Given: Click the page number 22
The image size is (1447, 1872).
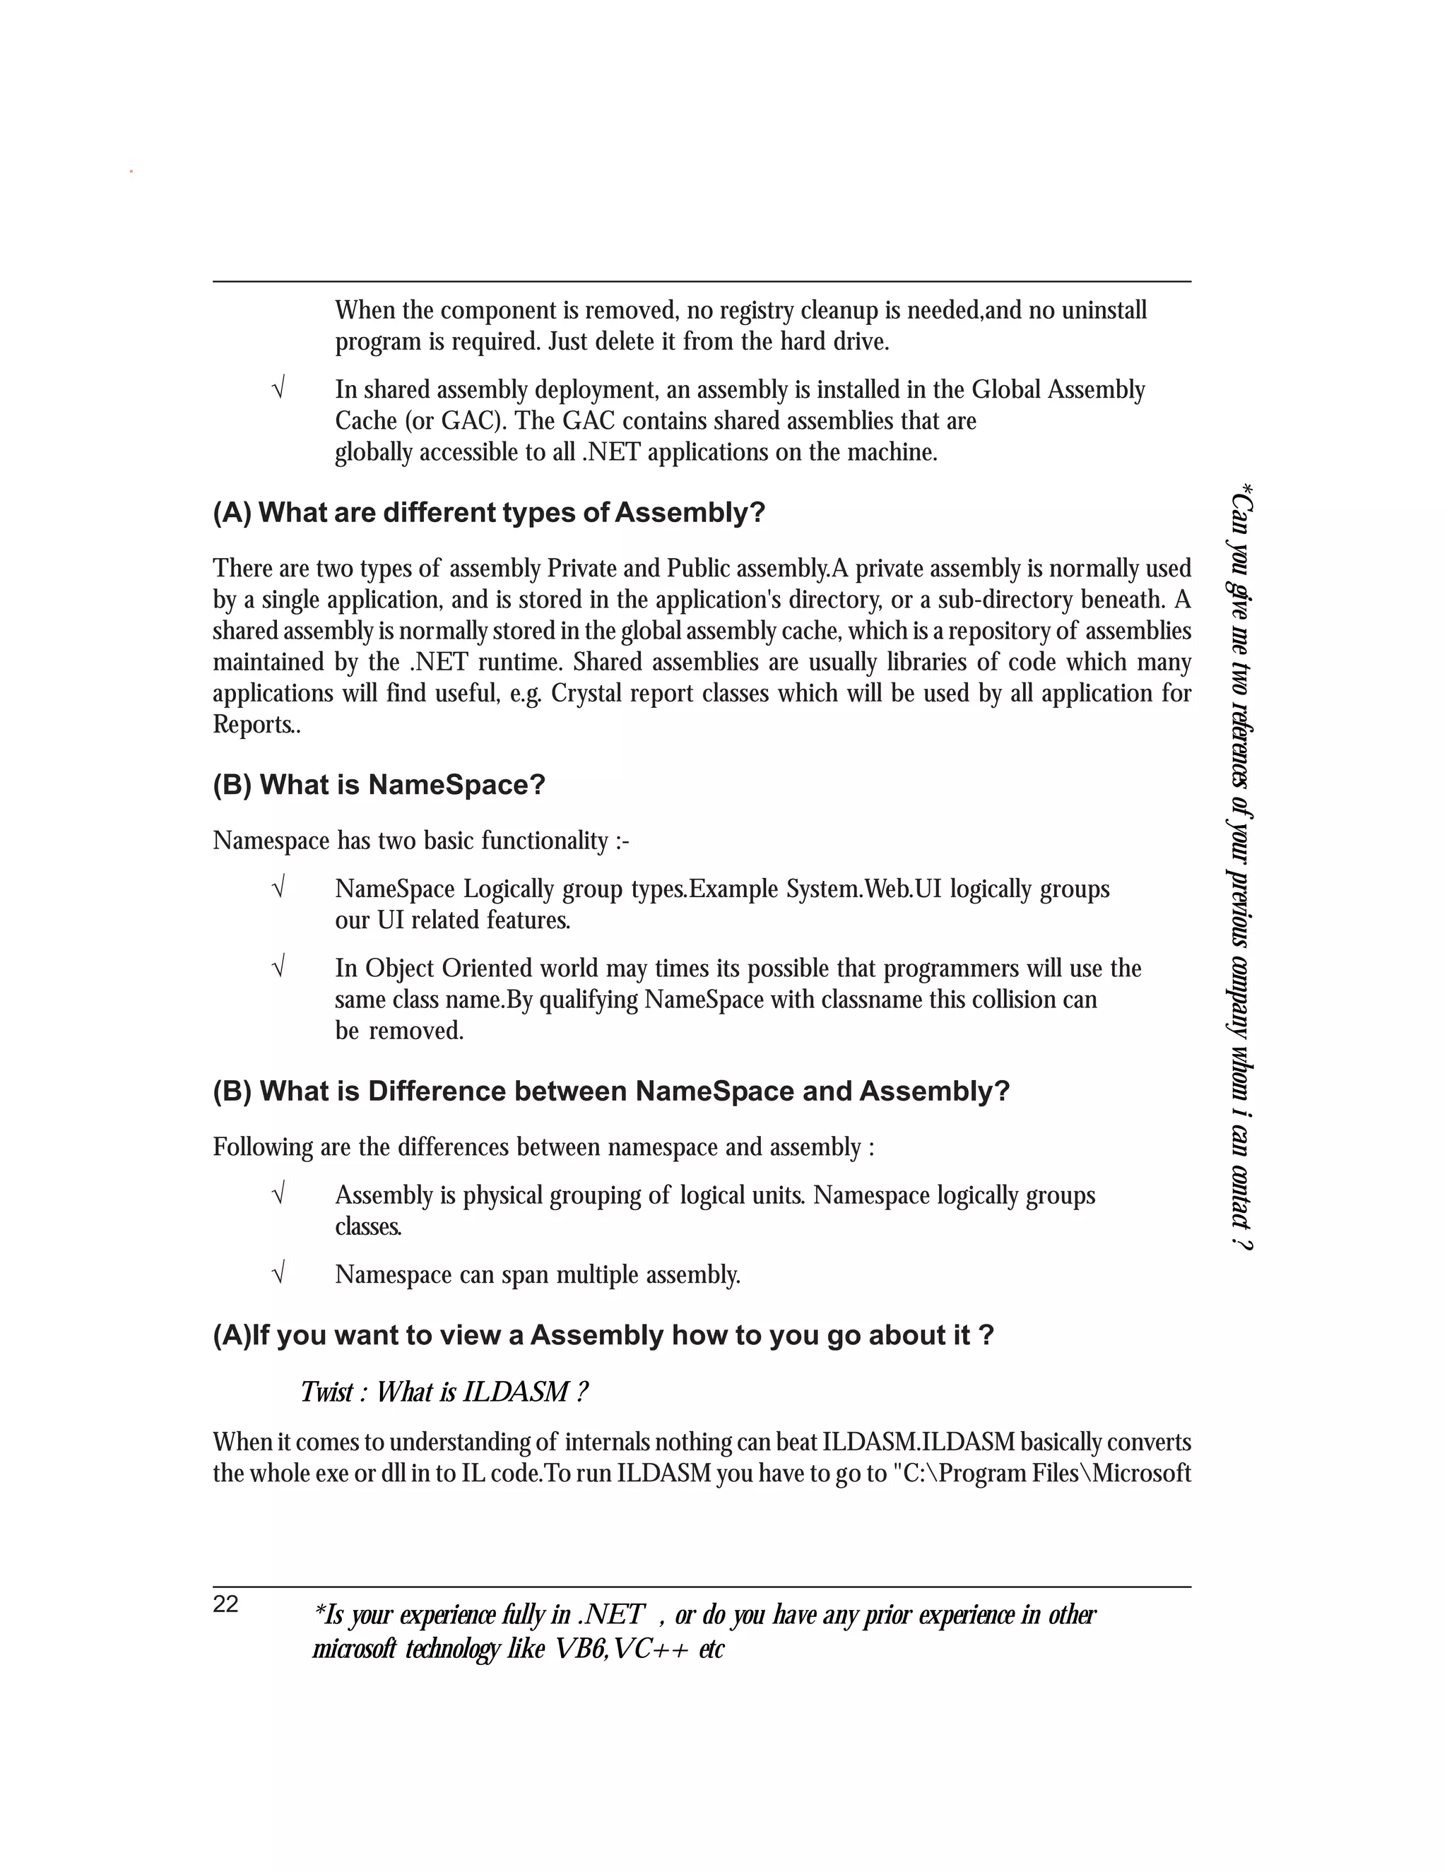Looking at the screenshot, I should point(225,1604).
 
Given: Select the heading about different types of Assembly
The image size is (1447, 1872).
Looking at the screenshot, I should point(489,513).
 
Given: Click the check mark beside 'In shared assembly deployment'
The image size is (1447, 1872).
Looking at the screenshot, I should point(278,389).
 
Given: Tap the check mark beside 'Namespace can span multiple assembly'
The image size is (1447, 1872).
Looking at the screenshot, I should point(278,1274).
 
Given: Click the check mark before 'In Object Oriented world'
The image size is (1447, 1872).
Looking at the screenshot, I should point(278,968).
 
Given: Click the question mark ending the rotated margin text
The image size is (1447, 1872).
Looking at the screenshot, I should point(1241,1242).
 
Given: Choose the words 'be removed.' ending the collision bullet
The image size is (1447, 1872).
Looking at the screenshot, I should point(398,1030).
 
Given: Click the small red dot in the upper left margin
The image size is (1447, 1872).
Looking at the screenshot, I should point(131,172).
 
